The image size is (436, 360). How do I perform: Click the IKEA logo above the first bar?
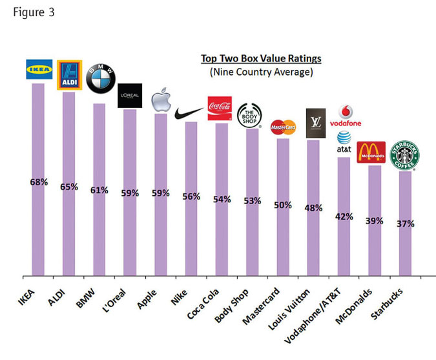point(38,69)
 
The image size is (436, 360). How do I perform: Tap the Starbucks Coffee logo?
point(407,156)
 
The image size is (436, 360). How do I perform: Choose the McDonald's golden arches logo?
point(371,153)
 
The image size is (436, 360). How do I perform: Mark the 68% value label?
point(39,182)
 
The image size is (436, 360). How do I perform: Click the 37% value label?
point(406,224)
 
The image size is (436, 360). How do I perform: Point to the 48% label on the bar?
point(314,208)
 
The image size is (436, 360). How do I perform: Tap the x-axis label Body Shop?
point(231,308)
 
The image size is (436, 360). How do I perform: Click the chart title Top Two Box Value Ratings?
point(260,59)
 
